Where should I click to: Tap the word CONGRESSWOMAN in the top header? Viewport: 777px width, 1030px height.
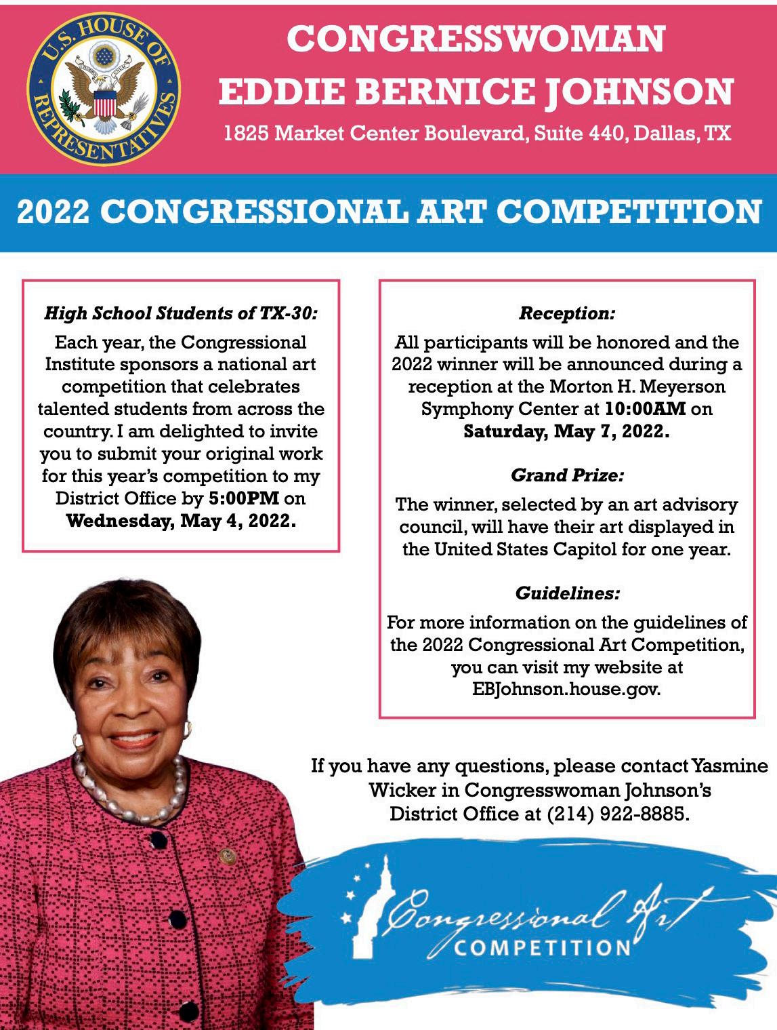[476, 39]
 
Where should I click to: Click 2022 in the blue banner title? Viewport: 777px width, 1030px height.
[53, 212]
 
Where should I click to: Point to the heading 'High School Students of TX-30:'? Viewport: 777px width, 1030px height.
[181, 313]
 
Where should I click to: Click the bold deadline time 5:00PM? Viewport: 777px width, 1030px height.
[244, 498]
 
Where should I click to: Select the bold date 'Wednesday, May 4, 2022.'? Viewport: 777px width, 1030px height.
[181, 521]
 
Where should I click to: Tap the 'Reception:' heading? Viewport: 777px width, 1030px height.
[567, 313]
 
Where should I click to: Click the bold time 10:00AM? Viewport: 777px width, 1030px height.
[646, 409]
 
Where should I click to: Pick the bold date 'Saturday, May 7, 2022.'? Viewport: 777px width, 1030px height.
[566, 432]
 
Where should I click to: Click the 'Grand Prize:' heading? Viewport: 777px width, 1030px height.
[567, 475]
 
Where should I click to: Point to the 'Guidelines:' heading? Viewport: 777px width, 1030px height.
[567, 593]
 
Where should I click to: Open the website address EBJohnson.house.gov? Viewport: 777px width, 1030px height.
[566, 690]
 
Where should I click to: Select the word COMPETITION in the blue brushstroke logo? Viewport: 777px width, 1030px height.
[542, 947]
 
